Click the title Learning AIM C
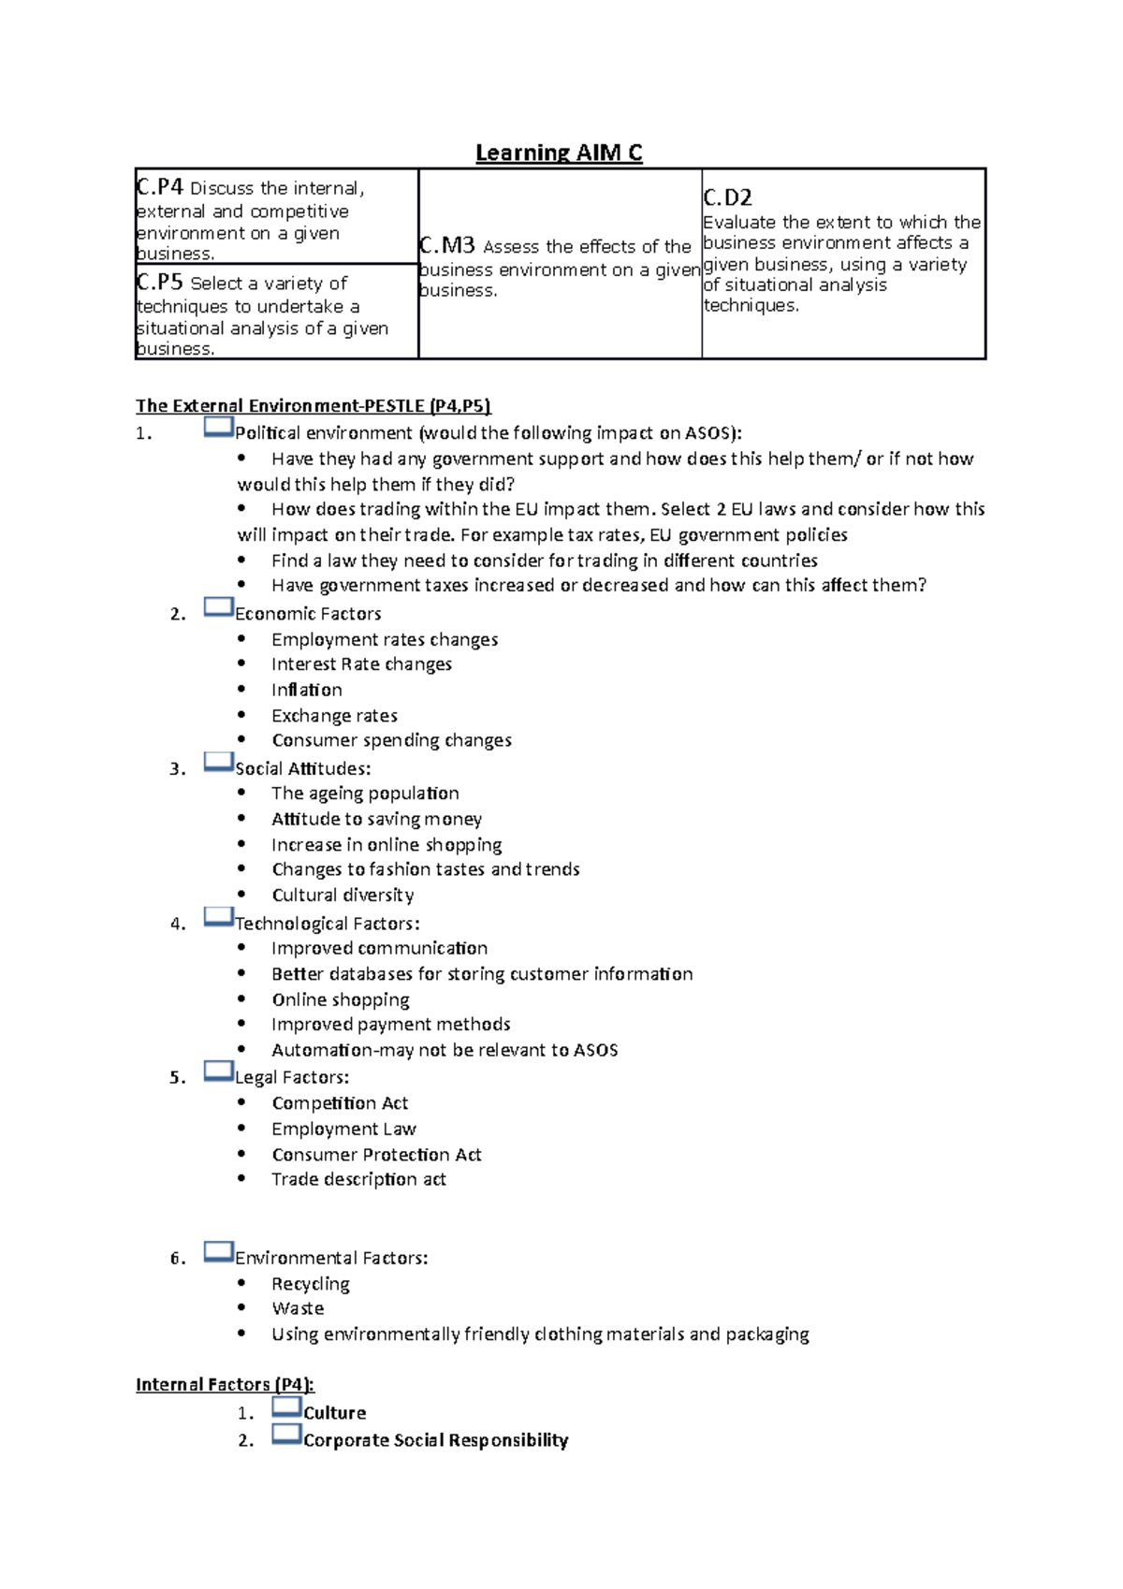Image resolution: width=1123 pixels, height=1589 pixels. tap(559, 153)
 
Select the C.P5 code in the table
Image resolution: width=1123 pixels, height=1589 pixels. tap(160, 282)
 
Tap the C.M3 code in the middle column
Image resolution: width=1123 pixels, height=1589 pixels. tap(448, 245)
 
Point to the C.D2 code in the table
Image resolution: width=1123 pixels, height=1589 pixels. tap(727, 197)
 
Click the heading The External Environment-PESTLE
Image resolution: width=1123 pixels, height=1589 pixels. tap(313, 405)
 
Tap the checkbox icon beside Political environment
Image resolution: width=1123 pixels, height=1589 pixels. tap(218, 428)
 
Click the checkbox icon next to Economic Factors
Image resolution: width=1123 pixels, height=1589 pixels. tap(218, 607)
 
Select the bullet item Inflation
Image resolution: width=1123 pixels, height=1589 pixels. tap(306, 690)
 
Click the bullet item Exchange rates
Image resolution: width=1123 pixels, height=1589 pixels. tap(334, 716)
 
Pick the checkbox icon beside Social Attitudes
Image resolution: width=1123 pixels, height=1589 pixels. tap(218, 763)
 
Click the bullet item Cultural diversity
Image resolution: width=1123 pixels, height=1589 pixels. tap(343, 896)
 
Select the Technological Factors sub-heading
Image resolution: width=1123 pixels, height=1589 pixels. tap(327, 924)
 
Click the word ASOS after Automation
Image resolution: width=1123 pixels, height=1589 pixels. tap(595, 1050)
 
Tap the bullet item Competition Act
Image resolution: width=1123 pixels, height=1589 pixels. tap(340, 1103)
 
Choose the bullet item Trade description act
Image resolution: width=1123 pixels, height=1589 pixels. tap(358, 1179)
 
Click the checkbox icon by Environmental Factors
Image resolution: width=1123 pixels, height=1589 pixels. tap(218, 1252)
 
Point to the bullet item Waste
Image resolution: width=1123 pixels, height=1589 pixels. tap(298, 1308)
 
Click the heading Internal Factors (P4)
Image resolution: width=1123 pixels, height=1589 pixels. tap(225, 1384)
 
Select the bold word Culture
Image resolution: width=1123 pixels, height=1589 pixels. tap(334, 1413)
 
